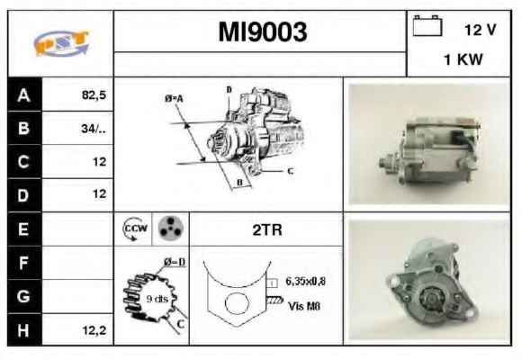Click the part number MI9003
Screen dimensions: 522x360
click(262, 32)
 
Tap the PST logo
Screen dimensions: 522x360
click(61, 43)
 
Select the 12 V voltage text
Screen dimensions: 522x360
click(480, 30)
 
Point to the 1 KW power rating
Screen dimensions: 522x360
click(463, 59)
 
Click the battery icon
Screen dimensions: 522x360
click(427, 25)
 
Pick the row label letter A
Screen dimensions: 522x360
click(23, 95)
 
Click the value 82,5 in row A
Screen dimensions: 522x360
click(94, 95)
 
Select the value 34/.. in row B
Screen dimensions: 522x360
click(94, 129)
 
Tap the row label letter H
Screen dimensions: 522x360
click(23, 330)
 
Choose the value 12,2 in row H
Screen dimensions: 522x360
click(94, 330)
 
